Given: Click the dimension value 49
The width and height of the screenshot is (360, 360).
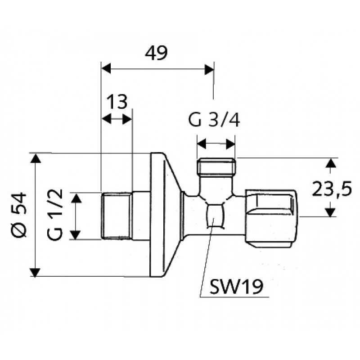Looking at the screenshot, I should [156, 53].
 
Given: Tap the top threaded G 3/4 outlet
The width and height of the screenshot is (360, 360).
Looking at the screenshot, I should [216, 167].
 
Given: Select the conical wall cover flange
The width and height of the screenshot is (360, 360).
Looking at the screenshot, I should [164, 215].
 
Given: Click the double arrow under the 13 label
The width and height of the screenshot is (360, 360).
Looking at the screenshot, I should [117, 119].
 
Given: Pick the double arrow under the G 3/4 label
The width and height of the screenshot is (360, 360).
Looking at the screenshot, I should [216, 144].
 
